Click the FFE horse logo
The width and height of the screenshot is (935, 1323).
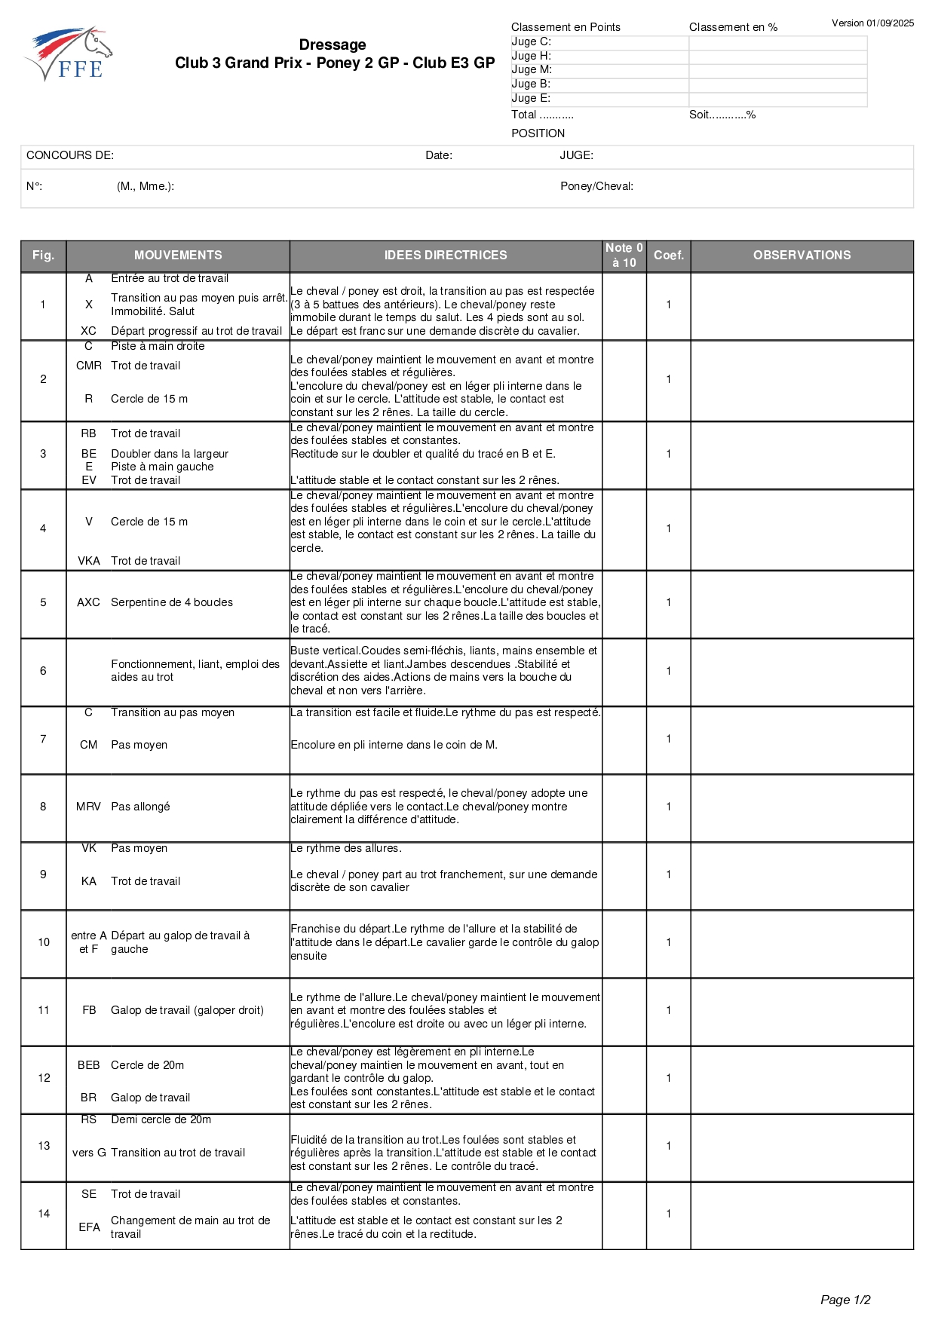(x=69, y=54)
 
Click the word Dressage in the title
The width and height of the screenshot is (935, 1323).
(x=333, y=45)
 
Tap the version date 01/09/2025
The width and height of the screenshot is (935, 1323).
(x=890, y=23)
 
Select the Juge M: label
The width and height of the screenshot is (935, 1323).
(x=532, y=69)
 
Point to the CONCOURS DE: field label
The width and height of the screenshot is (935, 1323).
(x=70, y=156)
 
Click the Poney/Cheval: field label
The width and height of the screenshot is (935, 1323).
(x=596, y=186)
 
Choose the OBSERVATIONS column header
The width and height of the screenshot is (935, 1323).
(x=802, y=256)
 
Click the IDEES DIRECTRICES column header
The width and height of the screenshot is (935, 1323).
(x=446, y=256)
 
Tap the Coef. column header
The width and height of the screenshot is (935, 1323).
(x=669, y=256)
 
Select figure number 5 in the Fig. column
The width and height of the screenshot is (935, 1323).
(x=43, y=603)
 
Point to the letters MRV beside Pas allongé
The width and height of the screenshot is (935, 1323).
(x=88, y=807)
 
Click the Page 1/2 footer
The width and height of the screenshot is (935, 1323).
(x=845, y=1300)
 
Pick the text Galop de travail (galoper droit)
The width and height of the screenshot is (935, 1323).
(x=187, y=1010)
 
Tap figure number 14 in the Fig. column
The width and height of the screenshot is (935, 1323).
(x=44, y=1214)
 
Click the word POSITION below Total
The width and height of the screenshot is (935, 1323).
(x=538, y=133)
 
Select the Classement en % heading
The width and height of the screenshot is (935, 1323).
(x=733, y=27)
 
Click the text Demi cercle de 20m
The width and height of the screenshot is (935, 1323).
(x=161, y=1119)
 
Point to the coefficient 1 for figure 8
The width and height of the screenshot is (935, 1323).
(x=669, y=807)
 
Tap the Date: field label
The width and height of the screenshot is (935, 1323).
(x=439, y=156)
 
